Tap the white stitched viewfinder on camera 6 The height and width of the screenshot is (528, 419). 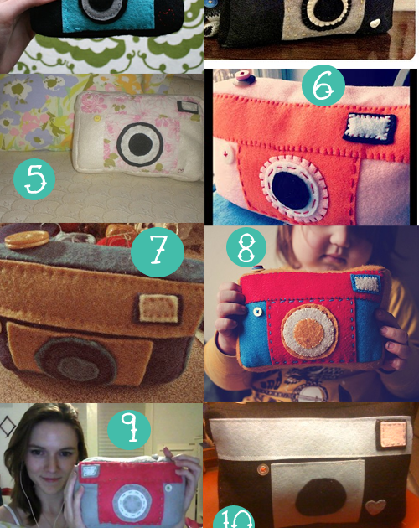click(364, 127)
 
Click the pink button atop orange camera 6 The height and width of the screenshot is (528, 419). click(246, 78)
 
